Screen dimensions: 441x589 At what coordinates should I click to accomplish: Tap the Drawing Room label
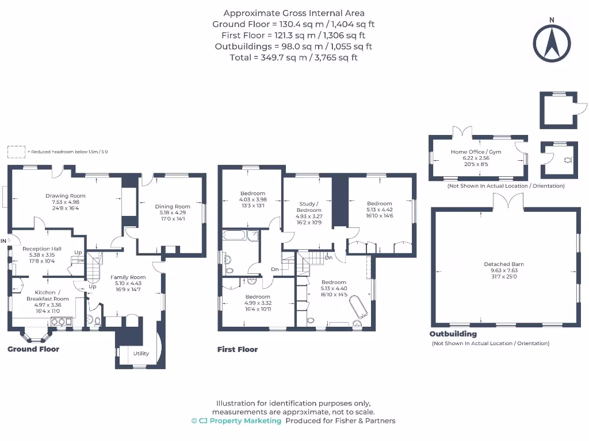coord(66,196)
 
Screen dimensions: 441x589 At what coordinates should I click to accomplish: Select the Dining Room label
coord(173,207)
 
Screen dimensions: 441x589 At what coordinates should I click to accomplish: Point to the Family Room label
coord(128,277)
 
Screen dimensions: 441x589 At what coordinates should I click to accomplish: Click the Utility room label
coord(141,353)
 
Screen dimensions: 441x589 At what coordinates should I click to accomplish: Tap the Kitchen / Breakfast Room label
coord(48,296)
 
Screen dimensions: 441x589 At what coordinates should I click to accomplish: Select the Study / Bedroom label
coord(309,207)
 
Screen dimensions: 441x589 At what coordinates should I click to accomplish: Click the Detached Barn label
coord(504,264)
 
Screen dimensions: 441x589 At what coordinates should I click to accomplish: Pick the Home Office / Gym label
coord(476,152)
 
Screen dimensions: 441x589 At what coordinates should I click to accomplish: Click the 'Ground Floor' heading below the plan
coord(33,349)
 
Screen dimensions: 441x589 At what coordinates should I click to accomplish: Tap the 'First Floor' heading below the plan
coord(238,349)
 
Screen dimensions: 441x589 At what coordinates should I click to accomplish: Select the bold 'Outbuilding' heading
coord(453,334)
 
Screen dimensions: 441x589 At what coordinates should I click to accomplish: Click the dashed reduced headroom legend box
coord(16,152)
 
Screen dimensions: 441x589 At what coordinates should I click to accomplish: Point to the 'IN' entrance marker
coord(4,240)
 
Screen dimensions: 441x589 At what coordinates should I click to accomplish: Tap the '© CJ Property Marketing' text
coord(236,420)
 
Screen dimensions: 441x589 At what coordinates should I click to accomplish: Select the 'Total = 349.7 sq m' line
coord(294,57)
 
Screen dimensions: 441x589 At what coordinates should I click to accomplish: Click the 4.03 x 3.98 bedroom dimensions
coord(253,199)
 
